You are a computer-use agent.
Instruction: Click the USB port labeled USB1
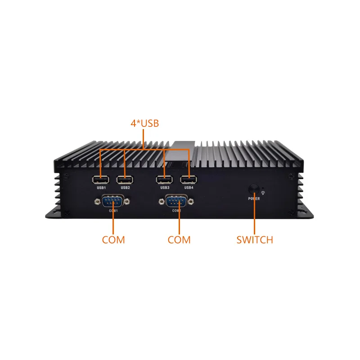point(101,180)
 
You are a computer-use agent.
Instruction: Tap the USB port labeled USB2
point(125,180)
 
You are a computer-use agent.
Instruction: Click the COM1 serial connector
point(113,201)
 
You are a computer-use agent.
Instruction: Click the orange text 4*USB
point(144,123)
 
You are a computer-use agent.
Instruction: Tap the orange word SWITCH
point(255,240)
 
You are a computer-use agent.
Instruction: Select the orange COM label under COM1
point(113,240)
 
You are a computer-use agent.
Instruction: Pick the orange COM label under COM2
point(179,240)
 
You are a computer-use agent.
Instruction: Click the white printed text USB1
point(101,188)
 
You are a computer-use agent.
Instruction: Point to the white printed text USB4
point(189,188)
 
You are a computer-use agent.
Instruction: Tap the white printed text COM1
point(113,211)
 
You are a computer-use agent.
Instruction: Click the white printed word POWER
point(254,198)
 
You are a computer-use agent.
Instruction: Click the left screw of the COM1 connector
point(97,202)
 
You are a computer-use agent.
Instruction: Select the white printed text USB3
point(165,188)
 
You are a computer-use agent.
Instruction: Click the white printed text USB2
point(125,188)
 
